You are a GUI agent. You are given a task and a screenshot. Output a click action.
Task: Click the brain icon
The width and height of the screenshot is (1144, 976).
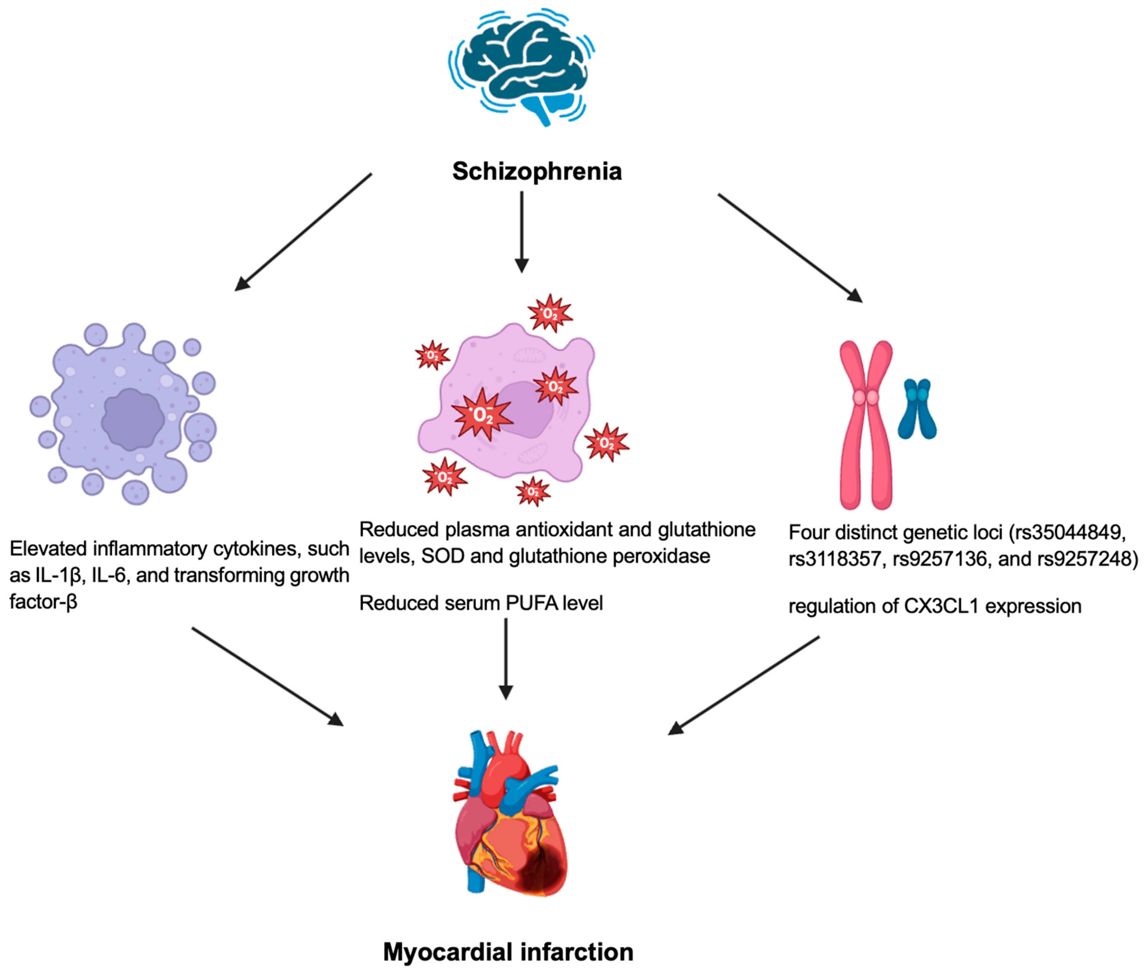pyautogui.click(x=522, y=66)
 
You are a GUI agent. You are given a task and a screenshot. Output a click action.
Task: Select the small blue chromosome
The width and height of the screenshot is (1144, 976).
pyautogui.click(x=917, y=409)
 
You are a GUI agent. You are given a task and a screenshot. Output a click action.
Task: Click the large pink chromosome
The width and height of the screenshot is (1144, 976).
pyautogui.click(x=865, y=425)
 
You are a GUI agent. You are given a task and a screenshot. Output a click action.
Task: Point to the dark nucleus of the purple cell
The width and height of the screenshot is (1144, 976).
pyautogui.click(x=133, y=419)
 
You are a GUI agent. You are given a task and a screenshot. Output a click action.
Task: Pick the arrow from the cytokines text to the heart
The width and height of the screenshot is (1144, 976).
pyautogui.click(x=267, y=676)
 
